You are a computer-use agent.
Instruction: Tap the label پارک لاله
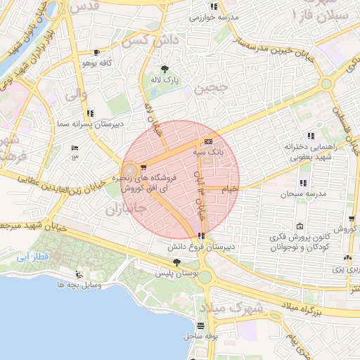pos(165,80)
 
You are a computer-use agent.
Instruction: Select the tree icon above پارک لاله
pos(165,69)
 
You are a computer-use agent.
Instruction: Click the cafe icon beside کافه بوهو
pos(96,53)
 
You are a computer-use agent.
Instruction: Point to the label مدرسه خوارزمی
pos(214,17)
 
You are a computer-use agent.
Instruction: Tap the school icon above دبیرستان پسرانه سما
pos(90,112)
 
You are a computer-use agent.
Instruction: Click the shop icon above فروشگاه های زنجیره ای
pos(144,167)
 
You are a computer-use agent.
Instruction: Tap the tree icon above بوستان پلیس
pos(176,262)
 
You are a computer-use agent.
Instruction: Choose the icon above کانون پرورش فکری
pos(300,226)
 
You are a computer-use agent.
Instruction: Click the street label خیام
pos(230,189)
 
